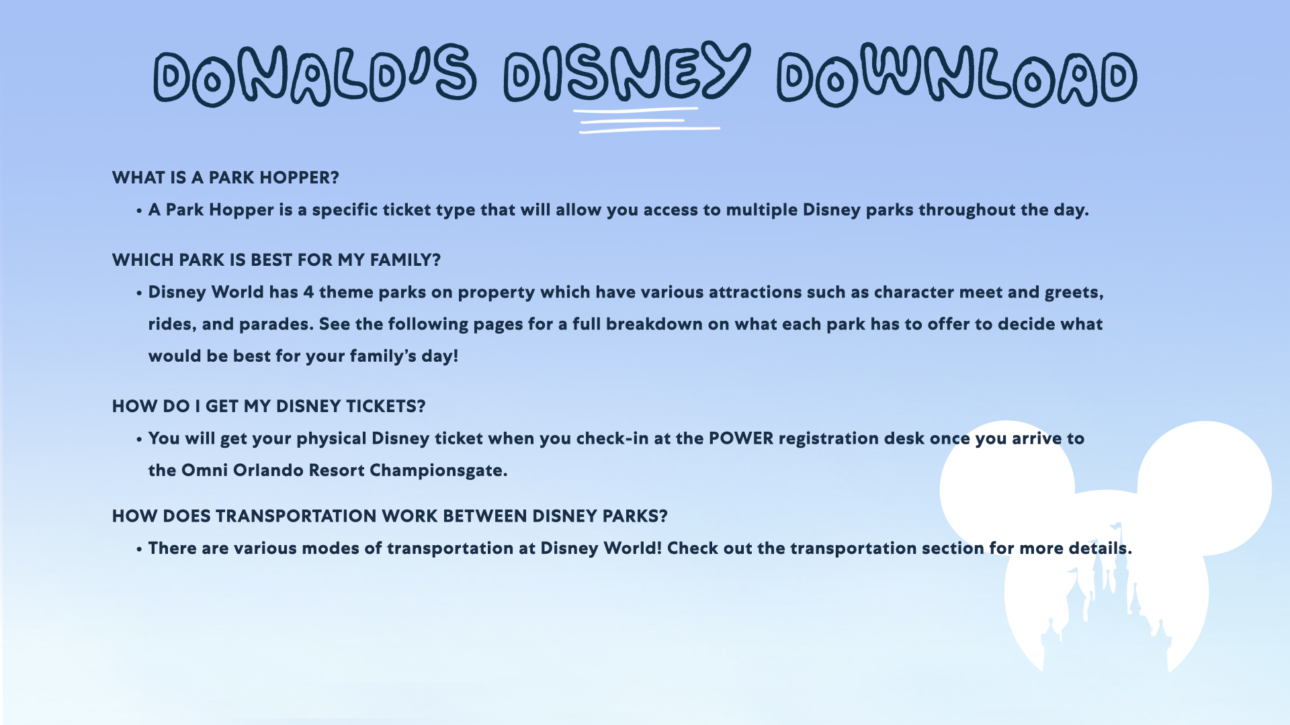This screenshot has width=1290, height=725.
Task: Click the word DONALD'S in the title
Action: (315, 76)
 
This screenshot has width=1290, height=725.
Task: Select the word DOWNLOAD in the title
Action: (957, 75)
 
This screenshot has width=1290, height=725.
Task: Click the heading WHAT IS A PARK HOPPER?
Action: (226, 178)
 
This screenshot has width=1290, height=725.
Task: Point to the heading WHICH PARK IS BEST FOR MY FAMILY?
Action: (276, 260)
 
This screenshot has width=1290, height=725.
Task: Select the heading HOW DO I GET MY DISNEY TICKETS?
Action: (269, 407)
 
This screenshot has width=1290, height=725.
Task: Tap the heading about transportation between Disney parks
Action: (390, 516)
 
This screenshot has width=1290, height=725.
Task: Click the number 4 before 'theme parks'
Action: (308, 293)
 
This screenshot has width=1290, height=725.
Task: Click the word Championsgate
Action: (438, 471)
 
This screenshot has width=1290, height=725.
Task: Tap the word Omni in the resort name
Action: (205, 471)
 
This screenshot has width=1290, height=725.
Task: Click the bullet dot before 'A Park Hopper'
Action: (139, 211)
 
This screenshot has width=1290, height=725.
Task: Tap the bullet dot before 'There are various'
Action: (139, 550)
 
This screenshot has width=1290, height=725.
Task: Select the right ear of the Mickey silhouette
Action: (1204, 489)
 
